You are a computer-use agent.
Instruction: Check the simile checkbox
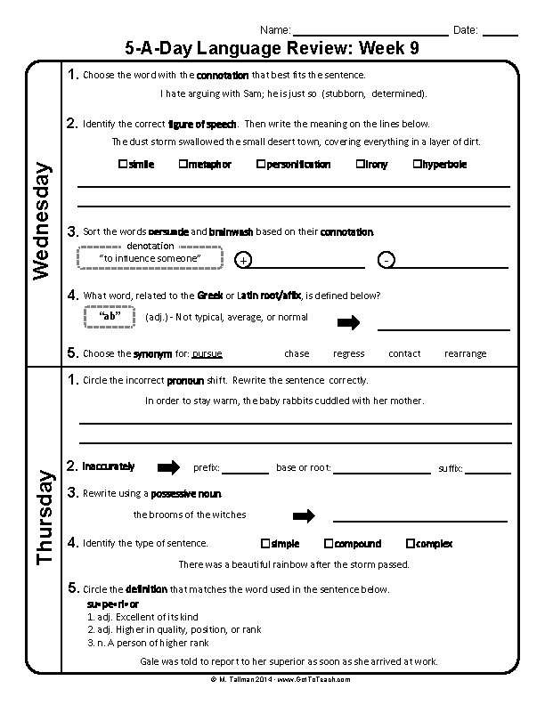(x=122, y=165)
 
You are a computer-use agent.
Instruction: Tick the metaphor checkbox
(x=183, y=165)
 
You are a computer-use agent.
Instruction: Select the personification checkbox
(x=260, y=165)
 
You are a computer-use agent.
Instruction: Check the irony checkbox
(x=360, y=165)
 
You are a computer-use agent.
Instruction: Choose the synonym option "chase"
(x=297, y=353)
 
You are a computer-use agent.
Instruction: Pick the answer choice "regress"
(x=348, y=353)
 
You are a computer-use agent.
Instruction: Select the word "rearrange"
(x=465, y=353)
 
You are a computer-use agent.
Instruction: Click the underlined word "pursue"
(x=207, y=353)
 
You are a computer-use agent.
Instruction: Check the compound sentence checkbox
(x=329, y=543)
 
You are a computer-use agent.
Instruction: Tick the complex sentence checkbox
(x=410, y=543)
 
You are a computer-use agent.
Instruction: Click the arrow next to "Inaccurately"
(x=168, y=466)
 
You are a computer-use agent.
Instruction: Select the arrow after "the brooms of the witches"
(x=305, y=515)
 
